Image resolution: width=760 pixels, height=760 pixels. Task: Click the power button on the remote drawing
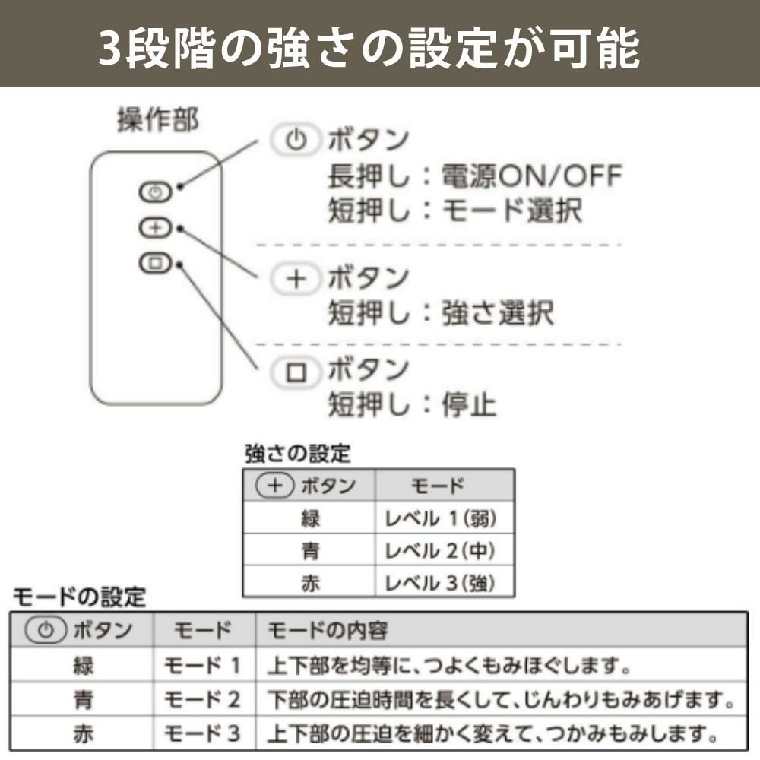pyautogui.click(x=155, y=192)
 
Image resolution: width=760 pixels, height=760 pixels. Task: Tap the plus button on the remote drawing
pyautogui.click(x=155, y=227)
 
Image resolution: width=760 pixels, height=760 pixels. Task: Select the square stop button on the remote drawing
pyautogui.click(x=155, y=264)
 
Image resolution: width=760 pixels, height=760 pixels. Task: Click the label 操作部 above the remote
pyautogui.click(x=158, y=121)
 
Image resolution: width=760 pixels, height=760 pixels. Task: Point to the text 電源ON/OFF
pyautogui.click(x=531, y=177)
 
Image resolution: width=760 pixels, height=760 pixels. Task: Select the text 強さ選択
pyautogui.click(x=498, y=312)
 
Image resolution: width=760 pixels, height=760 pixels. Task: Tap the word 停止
pyautogui.click(x=469, y=404)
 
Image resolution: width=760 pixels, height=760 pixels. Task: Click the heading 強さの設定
pyautogui.click(x=298, y=454)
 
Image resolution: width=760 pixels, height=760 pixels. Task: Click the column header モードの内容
pyautogui.click(x=328, y=630)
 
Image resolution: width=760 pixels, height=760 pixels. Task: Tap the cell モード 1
pyautogui.click(x=203, y=667)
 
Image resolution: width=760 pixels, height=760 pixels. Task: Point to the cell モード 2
pyautogui.click(x=203, y=700)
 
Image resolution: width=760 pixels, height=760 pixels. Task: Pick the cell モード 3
pyautogui.click(x=203, y=733)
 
